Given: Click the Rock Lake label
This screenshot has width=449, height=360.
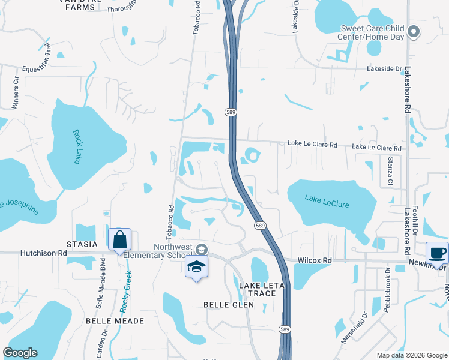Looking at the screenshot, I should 77,147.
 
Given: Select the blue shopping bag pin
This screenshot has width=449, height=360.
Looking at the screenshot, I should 120,239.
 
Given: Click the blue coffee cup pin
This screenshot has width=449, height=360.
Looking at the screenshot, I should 436,253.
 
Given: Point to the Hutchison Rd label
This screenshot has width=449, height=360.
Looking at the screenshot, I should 44,254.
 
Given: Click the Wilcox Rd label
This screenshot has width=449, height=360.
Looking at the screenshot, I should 315,260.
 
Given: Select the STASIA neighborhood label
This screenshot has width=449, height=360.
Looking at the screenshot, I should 82,244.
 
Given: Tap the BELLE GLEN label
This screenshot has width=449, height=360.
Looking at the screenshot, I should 229,305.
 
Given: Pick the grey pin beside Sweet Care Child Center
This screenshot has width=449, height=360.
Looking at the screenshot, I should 414,32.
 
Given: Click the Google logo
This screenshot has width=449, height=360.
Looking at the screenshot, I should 20,353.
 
